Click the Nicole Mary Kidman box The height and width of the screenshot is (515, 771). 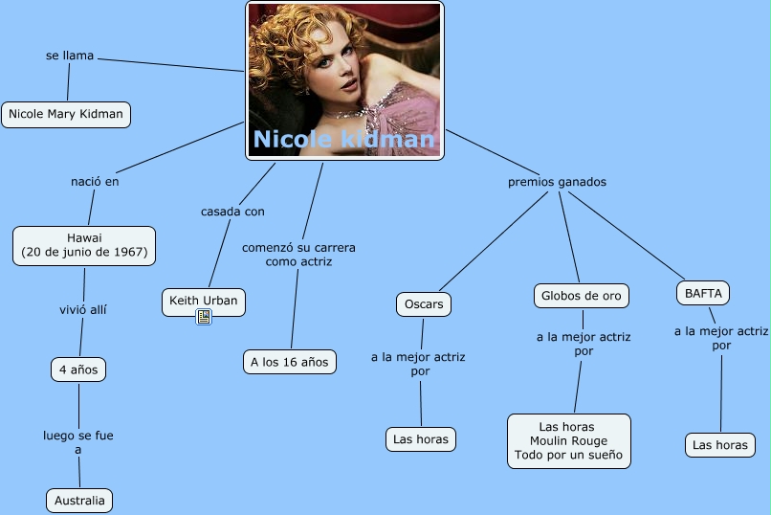coord(66,114)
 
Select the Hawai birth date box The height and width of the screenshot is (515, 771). coord(84,245)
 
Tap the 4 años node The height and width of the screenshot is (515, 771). coord(78,369)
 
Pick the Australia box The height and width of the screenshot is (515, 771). coord(79,501)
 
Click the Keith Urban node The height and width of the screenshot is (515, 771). coord(203,302)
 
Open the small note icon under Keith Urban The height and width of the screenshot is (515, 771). coord(204,318)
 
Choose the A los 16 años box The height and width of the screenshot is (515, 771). coord(289,361)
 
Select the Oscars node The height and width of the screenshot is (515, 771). coord(423,304)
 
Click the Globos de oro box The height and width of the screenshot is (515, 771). coord(581,296)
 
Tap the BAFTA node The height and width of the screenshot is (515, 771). coord(703,292)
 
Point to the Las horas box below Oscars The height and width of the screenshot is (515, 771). coord(421,439)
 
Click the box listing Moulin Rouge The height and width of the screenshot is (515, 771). coord(568,440)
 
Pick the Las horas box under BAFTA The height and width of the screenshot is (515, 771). coord(719,445)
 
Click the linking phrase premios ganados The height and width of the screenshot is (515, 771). coord(557,182)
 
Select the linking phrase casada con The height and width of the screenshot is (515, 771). coord(232,211)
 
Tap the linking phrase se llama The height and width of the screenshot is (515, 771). coord(70,56)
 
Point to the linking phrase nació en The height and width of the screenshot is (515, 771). coord(95,181)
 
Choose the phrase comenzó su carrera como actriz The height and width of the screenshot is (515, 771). coord(298,254)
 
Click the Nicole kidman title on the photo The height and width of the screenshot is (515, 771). coord(343,141)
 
